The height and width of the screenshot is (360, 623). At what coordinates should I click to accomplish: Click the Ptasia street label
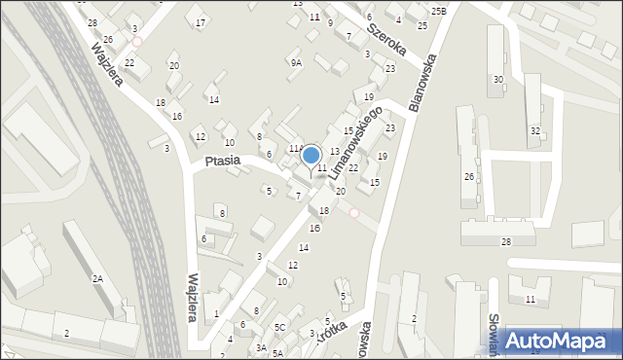(x=223, y=162)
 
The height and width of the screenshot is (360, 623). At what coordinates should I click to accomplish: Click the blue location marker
(x=311, y=156)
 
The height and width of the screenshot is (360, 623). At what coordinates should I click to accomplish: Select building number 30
(x=498, y=79)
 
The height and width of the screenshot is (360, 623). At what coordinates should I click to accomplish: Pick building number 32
(x=534, y=130)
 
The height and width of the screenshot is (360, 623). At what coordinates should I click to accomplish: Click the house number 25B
(x=438, y=11)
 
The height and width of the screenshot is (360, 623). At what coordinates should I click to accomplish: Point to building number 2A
(x=97, y=278)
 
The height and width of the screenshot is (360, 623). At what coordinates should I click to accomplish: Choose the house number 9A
(x=295, y=62)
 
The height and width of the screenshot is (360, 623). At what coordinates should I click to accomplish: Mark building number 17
(x=201, y=22)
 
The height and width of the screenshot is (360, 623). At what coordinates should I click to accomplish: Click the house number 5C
(x=279, y=327)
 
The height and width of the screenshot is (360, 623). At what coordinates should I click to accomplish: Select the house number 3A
(x=261, y=347)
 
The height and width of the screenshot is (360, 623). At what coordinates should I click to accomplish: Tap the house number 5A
(x=277, y=353)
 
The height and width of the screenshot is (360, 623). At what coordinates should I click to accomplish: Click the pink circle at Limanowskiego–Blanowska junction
(x=354, y=213)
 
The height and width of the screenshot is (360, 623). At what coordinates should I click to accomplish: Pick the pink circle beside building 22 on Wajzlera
(x=137, y=42)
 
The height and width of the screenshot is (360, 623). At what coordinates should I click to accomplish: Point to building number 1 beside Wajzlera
(x=216, y=313)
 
